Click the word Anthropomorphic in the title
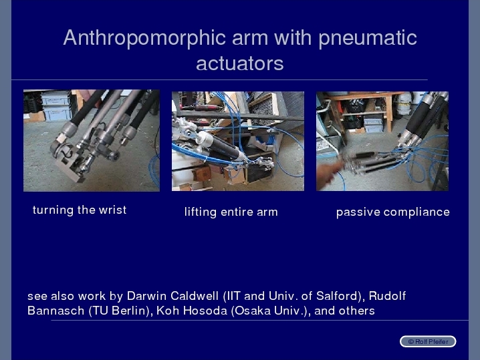pos(144,38)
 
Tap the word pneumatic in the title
pos(368,38)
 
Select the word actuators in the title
pos(240,63)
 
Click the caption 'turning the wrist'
pos(80,210)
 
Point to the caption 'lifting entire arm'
pos(231,212)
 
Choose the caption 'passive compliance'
pos(392,212)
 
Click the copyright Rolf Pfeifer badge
pos(428,341)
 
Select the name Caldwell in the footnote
pos(195,296)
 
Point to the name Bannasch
pos(55,311)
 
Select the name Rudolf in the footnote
pos(387,296)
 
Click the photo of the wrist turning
pos(92,140)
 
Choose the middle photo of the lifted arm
pos(238,141)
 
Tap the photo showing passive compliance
pos(382,141)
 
